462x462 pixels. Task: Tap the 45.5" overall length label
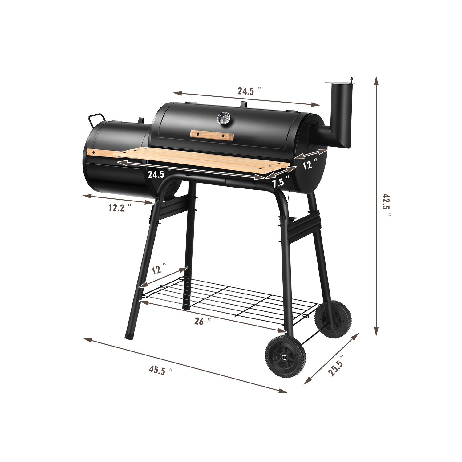(160, 370)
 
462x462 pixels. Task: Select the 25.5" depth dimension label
(336, 365)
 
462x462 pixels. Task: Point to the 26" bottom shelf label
(202, 321)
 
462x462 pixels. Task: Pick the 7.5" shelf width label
(280, 182)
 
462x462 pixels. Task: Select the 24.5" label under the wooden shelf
(159, 174)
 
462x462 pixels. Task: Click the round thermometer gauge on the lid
(222, 118)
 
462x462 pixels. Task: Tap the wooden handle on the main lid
(212, 135)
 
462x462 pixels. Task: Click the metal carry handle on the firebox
(96, 119)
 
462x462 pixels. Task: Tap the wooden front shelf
(203, 161)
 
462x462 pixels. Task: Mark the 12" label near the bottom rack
(159, 269)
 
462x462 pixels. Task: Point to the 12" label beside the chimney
(310, 164)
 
